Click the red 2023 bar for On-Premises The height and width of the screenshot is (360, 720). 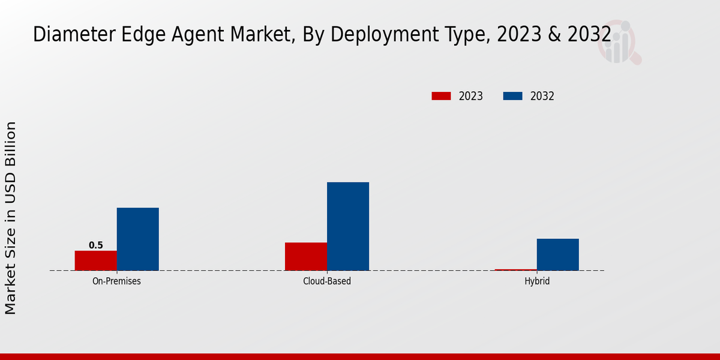(96, 260)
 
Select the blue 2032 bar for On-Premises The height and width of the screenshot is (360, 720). (138, 239)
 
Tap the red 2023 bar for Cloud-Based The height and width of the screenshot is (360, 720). (306, 256)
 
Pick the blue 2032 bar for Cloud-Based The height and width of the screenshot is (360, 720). (348, 226)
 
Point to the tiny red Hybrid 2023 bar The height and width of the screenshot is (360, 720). (515, 270)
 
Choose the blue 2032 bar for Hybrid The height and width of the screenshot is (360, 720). (558, 254)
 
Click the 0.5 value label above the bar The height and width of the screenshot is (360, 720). (96, 245)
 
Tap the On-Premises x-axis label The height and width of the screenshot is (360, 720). (117, 281)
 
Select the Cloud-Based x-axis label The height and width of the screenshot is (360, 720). (327, 281)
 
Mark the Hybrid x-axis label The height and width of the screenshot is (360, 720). (537, 281)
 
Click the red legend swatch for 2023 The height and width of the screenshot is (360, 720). (441, 96)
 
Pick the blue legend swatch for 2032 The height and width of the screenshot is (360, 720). (512, 96)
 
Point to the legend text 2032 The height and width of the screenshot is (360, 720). (542, 96)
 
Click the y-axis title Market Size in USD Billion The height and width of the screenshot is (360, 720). (11, 217)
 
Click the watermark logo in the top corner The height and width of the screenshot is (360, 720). (618, 42)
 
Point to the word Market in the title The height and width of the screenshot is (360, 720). (246, 35)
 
